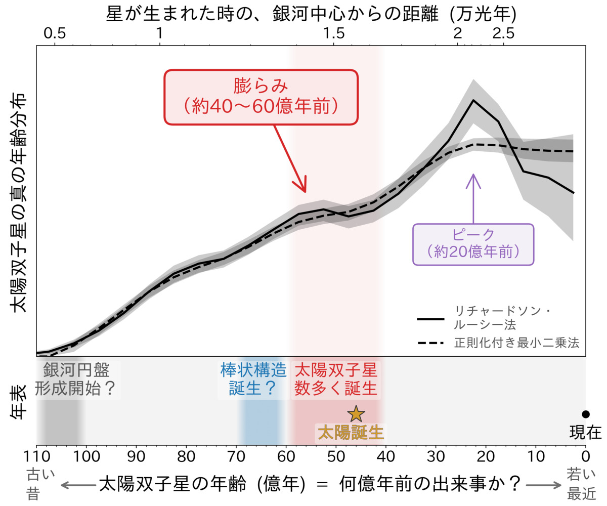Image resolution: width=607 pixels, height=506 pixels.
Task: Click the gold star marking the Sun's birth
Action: pos(356,414)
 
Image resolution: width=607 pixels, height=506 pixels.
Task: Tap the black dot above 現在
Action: pos(585,414)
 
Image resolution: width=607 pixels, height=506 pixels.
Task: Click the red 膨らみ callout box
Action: pos(261,96)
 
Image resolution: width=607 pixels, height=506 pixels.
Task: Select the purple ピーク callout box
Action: pos(473,244)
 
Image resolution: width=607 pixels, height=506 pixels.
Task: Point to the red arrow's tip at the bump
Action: pos(306,192)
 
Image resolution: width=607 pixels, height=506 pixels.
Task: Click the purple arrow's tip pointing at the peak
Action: pos(473,175)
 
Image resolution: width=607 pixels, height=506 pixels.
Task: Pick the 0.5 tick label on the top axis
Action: pos(55,34)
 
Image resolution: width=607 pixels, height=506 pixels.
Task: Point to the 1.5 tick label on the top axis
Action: pos(333,34)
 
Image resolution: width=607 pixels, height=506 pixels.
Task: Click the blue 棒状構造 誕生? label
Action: pos(253,378)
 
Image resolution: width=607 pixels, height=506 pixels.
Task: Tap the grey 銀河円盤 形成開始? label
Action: pos(76,378)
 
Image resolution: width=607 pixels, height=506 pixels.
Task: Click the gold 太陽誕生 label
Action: pos(350,433)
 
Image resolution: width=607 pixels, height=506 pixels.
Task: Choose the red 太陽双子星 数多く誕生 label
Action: pos(336,378)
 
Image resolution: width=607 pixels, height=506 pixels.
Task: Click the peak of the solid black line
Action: pos(473,100)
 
